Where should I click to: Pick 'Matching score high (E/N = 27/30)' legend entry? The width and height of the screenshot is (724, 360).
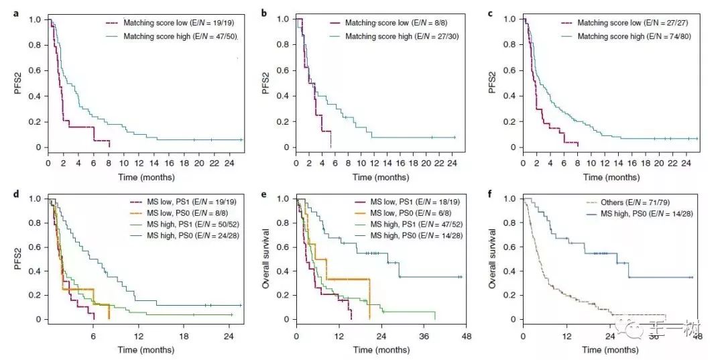coord(400,36)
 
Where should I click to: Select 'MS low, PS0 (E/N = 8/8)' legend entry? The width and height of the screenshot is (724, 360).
coord(180,214)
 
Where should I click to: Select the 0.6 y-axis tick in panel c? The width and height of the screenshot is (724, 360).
coord(509,70)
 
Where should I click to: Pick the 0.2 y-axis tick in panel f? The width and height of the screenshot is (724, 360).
coord(510,295)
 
